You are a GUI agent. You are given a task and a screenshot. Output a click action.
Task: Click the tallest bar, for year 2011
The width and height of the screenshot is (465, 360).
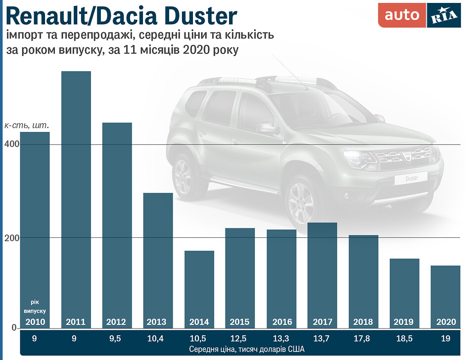pyautogui.click(x=76, y=198)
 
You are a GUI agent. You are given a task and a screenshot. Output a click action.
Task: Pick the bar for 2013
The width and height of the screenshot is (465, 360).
pyautogui.click(x=158, y=257)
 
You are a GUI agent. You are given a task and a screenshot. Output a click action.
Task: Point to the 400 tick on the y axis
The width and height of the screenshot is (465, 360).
pyautogui.click(x=12, y=144)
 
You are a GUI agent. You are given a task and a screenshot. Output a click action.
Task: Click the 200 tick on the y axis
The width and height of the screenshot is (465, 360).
pyautogui.click(x=12, y=237)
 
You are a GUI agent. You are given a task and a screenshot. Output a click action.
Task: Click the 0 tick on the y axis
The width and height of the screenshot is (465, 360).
pyautogui.click(x=15, y=327)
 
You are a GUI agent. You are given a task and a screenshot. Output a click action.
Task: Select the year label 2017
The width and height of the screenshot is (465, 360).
pyautogui.click(x=322, y=322)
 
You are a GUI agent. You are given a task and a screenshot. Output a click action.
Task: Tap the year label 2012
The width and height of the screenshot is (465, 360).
pyautogui.click(x=116, y=322)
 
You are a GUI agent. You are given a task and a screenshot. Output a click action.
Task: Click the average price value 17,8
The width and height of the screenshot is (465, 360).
pyautogui.click(x=363, y=339)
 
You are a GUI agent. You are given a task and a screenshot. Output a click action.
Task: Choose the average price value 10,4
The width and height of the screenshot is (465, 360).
pyautogui.click(x=157, y=339)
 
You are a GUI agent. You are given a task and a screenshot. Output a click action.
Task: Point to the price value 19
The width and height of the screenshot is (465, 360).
pyautogui.click(x=445, y=339)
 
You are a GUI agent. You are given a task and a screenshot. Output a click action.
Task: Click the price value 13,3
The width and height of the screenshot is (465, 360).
pyautogui.click(x=281, y=339)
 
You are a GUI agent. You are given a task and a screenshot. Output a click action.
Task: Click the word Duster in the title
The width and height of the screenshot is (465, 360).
pyautogui.click(x=197, y=16)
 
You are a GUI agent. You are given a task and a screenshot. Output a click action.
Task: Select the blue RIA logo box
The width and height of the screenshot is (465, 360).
pyautogui.click(x=443, y=15)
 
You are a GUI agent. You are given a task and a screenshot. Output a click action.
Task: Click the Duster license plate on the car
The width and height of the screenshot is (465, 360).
pyautogui.click(x=412, y=178)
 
